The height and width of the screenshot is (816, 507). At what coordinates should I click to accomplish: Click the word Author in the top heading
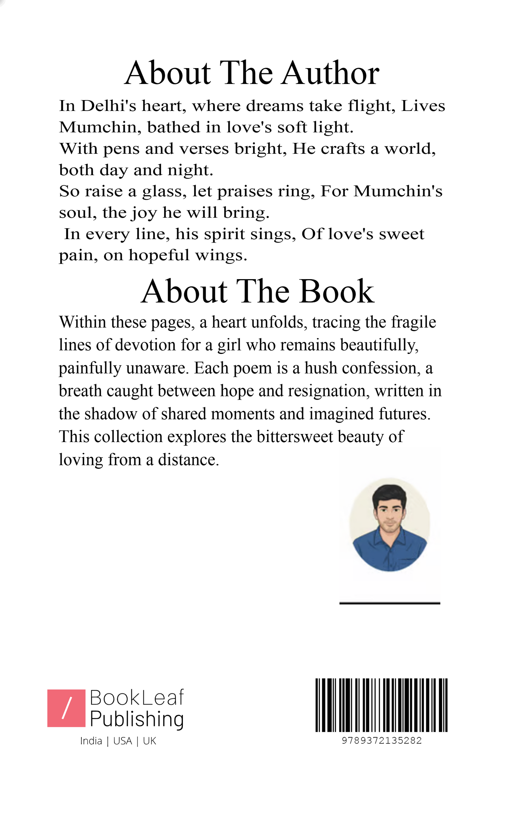pyautogui.click(x=330, y=73)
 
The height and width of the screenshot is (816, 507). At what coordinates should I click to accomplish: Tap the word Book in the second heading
pyautogui.click(x=336, y=292)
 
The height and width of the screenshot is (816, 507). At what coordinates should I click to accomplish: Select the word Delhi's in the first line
pyautogui.click(x=108, y=106)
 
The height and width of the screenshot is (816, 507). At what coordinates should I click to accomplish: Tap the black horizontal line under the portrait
pyautogui.click(x=389, y=603)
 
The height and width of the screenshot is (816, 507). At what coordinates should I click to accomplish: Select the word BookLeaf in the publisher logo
pyautogui.click(x=136, y=697)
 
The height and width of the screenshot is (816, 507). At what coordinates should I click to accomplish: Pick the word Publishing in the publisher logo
pyautogui.click(x=136, y=719)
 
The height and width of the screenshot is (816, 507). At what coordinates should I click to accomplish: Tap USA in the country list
pyautogui.click(x=123, y=741)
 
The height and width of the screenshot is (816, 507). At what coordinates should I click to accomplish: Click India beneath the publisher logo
pyautogui.click(x=91, y=741)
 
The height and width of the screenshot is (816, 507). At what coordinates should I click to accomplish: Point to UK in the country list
pyautogui.click(x=149, y=741)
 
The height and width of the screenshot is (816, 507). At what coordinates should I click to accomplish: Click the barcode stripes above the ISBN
pyautogui.click(x=381, y=705)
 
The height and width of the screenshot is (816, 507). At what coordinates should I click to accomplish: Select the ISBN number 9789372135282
pyautogui.click(x=381, y=741)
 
